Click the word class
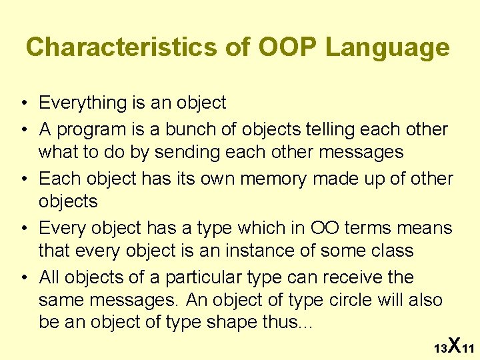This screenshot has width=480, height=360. click(x=393, y=251)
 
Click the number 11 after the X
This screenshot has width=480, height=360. click(x=468, y=349)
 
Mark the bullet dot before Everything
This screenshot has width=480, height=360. click(x=23, y=103)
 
